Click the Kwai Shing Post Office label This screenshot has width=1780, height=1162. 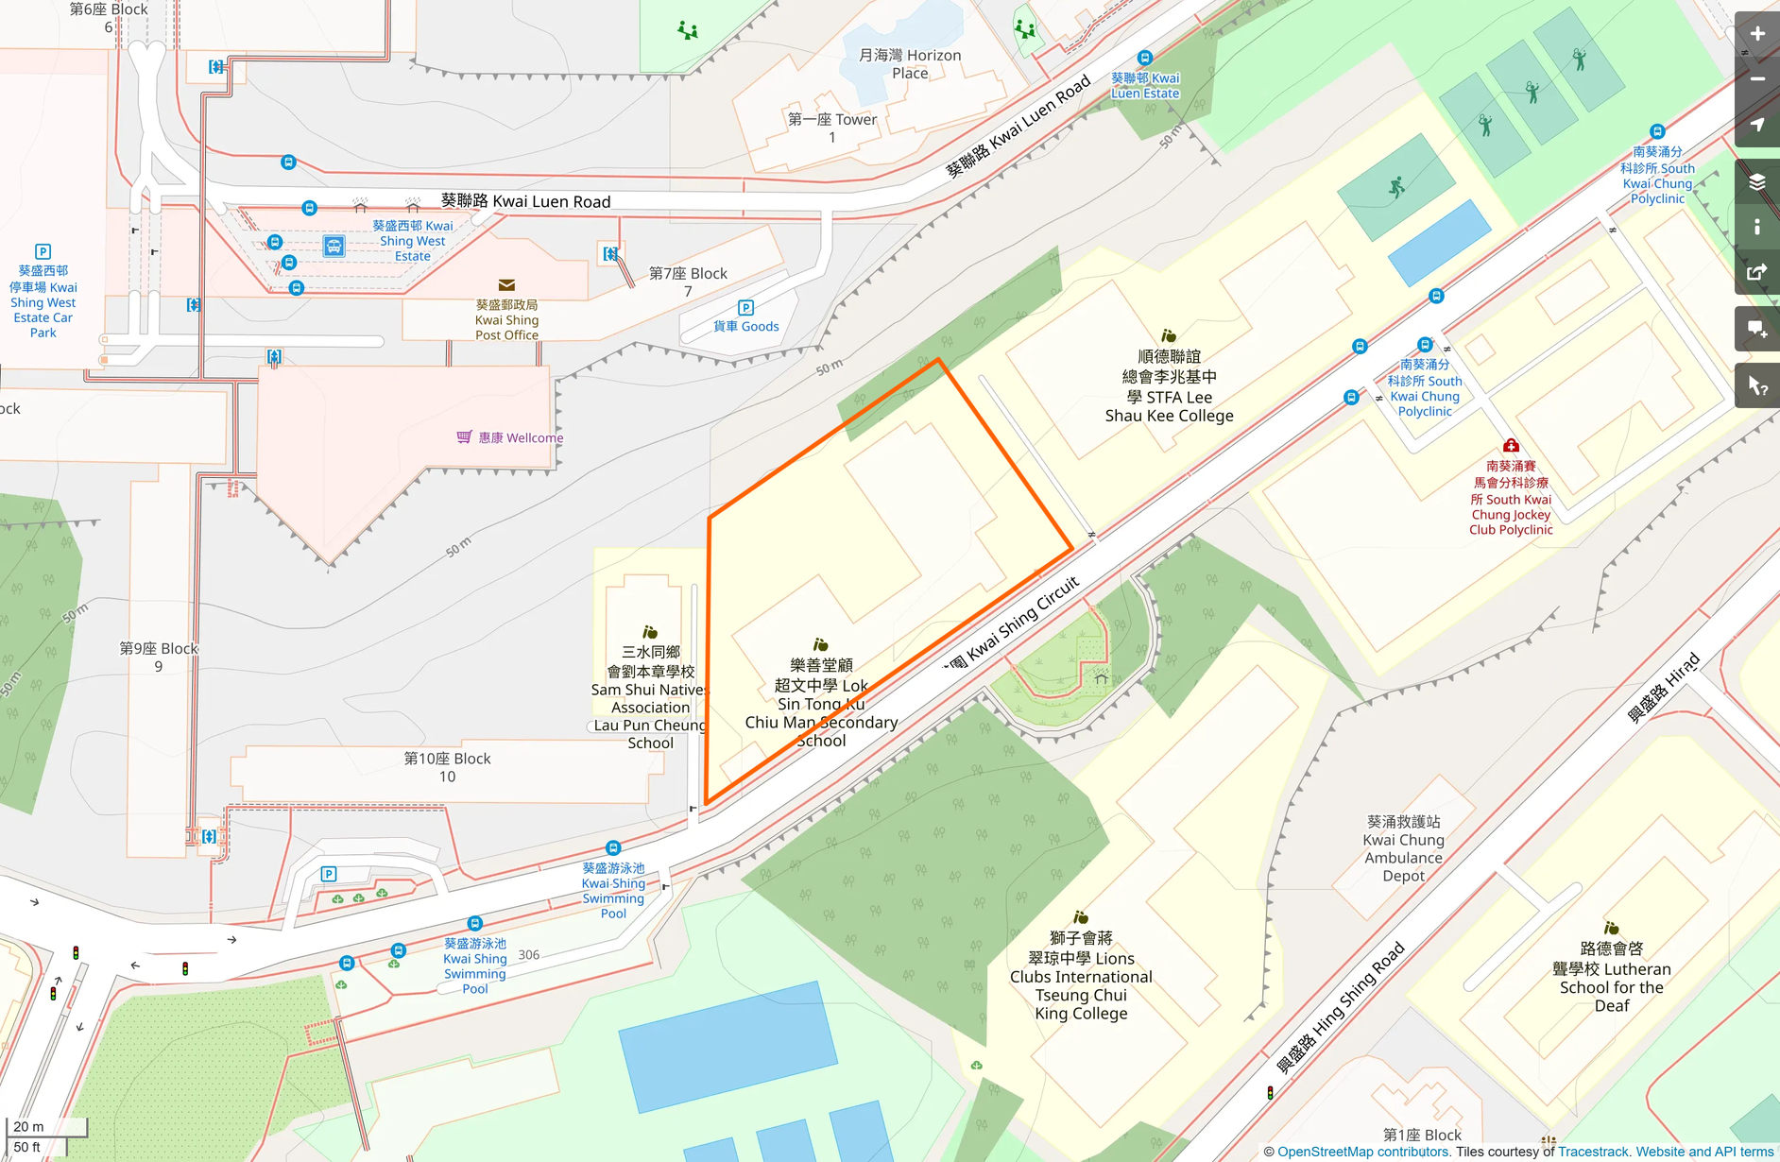pos(506,320)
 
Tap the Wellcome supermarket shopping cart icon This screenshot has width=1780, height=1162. pos(464,436)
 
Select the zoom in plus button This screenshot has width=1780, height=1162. pos(1756,34)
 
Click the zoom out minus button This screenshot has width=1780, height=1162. pos(1756,79)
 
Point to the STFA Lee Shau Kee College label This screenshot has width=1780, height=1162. pos(1169,386)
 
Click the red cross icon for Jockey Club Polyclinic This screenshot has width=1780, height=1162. pos(1511,445)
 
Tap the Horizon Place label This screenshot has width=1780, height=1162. pos(909,64)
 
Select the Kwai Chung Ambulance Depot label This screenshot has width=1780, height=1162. pos(1403,848)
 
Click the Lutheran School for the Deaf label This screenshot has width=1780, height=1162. pos(1611,977)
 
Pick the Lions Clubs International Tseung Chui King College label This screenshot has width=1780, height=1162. pos(1081,976)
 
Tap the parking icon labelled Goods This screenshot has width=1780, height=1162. pos(745,308)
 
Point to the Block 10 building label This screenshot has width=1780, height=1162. pos(447,767)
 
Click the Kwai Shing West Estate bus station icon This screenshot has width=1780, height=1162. pos(334,247)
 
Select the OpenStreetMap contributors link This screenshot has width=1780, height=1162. pos(1362,1152)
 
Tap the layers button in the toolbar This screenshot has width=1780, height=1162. pos(1756,181)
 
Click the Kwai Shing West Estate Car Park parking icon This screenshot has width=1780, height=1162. pos(43,251)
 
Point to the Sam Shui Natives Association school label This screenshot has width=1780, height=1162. pos(650,697)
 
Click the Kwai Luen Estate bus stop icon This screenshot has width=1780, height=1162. pos(1145,59)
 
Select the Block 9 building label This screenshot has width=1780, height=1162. pos(159,657)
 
